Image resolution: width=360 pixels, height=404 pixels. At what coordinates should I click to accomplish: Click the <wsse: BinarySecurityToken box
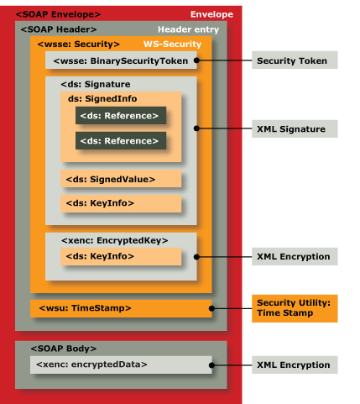121,60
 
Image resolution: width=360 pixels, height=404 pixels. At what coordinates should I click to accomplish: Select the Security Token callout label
295,60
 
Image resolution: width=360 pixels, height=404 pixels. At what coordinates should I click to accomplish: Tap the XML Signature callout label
295,129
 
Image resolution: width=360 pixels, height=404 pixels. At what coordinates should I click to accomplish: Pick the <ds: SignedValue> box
121,178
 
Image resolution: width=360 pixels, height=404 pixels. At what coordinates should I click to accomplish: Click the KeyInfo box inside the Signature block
121,203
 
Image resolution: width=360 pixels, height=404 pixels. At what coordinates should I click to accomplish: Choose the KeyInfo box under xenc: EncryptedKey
121,256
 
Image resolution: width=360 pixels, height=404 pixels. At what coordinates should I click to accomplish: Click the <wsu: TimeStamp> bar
121,308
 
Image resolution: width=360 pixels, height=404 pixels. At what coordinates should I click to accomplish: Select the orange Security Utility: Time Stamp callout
295,308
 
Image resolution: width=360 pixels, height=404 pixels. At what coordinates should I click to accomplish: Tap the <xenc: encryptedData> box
121,365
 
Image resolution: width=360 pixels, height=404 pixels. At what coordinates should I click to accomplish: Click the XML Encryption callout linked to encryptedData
295,365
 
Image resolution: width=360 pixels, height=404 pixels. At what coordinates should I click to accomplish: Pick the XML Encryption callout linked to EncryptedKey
295,256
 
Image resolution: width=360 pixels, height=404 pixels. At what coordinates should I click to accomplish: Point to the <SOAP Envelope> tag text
58,14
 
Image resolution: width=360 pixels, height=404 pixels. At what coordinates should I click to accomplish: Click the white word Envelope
211,14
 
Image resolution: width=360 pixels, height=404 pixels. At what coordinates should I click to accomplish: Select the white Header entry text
188,29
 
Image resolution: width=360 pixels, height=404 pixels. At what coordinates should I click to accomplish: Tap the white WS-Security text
172,44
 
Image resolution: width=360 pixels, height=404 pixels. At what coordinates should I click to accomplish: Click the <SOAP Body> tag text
64,349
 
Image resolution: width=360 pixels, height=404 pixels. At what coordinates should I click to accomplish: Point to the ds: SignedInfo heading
102,98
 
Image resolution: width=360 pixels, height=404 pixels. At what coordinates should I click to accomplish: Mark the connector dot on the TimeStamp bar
211,308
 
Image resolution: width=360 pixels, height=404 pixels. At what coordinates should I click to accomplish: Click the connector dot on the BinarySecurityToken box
196,60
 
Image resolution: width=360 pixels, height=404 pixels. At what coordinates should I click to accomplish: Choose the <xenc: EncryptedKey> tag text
115,240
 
